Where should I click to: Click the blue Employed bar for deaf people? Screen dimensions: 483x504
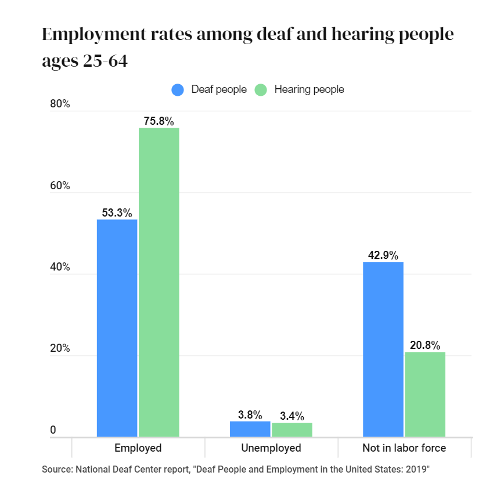point(117,328)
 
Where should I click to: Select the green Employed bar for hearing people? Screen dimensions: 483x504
point(159,282)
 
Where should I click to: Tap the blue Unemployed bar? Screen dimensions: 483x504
point(250,429)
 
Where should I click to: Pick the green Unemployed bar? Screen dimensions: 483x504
point(292,430)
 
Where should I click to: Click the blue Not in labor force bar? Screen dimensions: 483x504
point(383,349)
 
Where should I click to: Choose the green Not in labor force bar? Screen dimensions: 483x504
point(425,394)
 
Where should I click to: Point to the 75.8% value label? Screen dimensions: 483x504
point(159,121)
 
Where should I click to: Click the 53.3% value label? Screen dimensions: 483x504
point(117,213)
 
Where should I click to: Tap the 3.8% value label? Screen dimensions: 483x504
point(250,415)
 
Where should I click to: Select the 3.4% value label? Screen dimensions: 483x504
point(292,416)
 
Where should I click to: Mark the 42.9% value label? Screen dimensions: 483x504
point(383,255)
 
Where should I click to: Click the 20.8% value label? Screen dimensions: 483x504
point(425,345)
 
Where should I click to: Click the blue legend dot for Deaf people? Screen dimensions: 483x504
point(178,90)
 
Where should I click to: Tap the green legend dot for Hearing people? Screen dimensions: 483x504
point(261,90)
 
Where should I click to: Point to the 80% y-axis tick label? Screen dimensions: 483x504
point(60,104)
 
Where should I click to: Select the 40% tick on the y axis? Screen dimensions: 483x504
point(60,268)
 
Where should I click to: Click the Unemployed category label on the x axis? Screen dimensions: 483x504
point(271,448)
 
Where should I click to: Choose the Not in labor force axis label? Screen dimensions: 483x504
point(404,448)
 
